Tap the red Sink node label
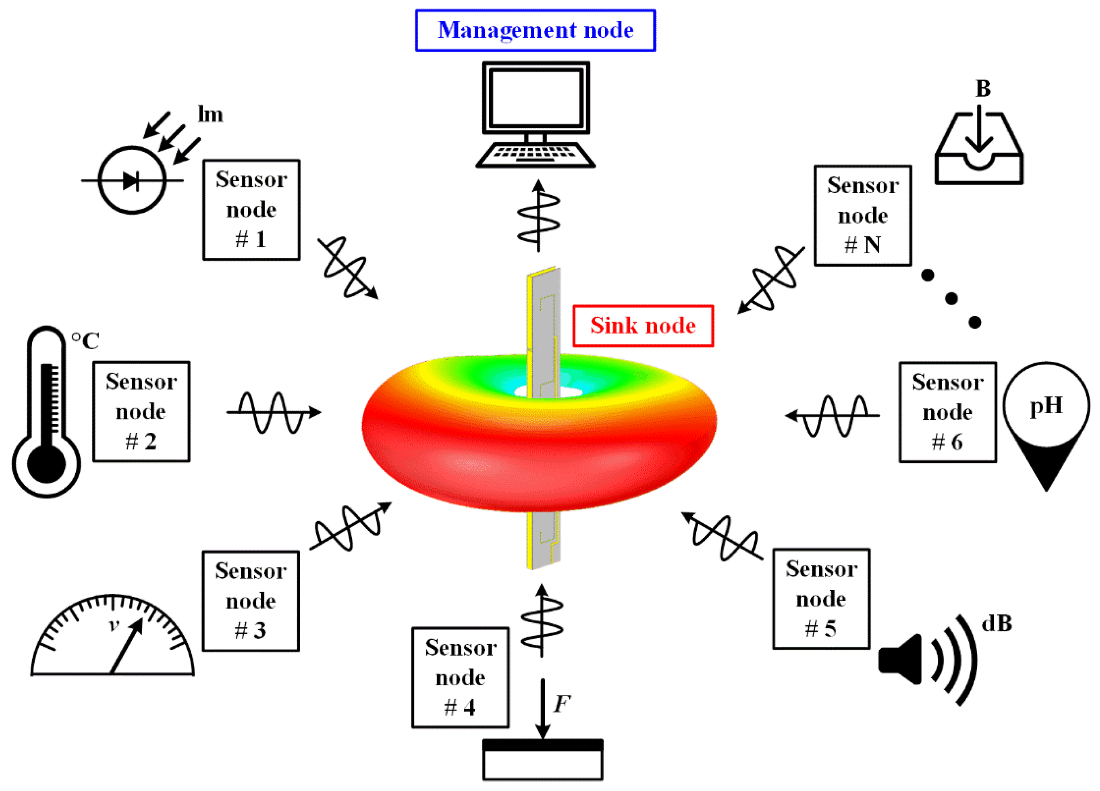tap(643, 325)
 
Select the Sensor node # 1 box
tap(251, 210)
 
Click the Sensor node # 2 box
tap(141, 412)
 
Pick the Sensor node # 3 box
tap(251, 601)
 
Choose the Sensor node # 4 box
tap(460, 678)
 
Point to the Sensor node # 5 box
tap(821, 599)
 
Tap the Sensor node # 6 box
tap(948, 412)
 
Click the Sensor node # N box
tap(863, 215)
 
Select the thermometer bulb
tap(47, 464)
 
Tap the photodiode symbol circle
tap(132, 180)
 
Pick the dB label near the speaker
tap(997, 624)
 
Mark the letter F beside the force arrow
tap(562, 704)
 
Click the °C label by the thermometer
tap(85, 341)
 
